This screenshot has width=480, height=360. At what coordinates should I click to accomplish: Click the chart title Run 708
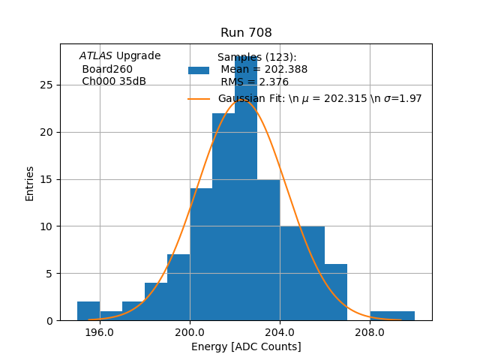pos(246,33)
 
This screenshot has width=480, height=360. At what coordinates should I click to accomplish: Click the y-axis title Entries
pos(30,182)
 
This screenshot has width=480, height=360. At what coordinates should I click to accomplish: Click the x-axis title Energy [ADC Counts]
pos(246,346)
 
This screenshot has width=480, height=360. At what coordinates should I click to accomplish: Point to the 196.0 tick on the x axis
pos(100,331)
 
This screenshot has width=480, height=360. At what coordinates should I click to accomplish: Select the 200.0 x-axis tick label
pos(190,331)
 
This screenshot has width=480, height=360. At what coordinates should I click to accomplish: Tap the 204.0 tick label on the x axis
pos(280,331)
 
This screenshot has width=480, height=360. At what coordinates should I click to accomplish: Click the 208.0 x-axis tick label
pos(370,331)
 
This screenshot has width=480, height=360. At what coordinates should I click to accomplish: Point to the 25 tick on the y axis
pos(46,85)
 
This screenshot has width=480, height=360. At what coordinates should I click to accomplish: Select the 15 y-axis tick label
pos(46,179)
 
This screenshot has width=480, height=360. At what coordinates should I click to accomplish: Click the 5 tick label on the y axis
pos(49,274)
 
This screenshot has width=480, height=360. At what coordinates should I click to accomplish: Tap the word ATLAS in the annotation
pos(96,55)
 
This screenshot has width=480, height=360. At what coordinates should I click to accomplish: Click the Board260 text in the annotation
pos(107,69)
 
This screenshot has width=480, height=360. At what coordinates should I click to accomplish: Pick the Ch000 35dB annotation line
pos(114,81)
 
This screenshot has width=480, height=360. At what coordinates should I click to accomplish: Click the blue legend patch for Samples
pos(199,70)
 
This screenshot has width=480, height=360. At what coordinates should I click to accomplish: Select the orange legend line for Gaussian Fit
pos(199,98)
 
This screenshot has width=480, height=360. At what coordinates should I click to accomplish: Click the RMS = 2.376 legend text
pos(254,82)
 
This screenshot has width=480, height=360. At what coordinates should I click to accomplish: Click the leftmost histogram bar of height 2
pos(88,311)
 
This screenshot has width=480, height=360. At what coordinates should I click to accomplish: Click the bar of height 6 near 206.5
pos(336,292)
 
